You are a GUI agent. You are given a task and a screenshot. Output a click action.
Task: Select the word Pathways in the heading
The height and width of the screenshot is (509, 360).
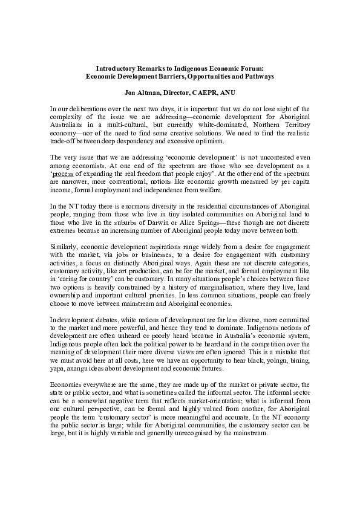pos(258,77)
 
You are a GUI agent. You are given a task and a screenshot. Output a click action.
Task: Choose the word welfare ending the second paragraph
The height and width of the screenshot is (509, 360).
pos(201,188)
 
